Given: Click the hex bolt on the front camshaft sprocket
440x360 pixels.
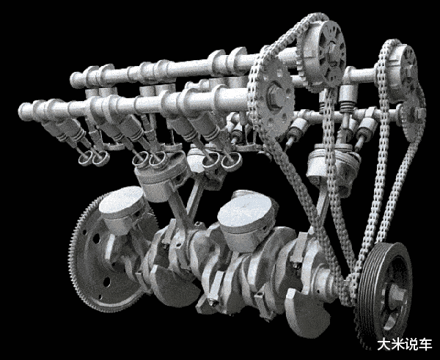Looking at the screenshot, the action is (x=276, y=95).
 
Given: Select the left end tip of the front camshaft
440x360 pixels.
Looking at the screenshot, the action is (x=23, y=111).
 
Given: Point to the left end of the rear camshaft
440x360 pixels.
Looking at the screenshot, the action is (x=74, y=80).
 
